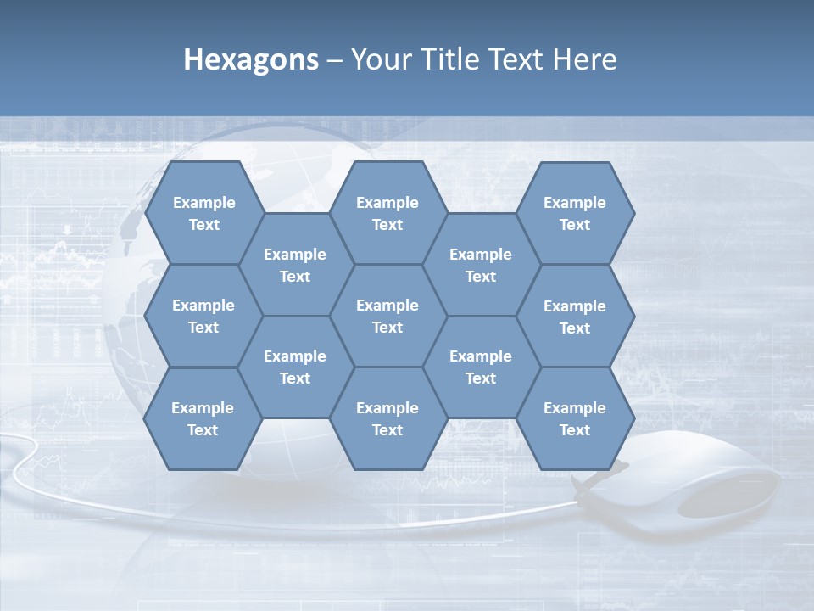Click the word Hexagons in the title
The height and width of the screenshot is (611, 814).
point(251,59)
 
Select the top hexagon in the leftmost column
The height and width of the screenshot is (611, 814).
point(203,213)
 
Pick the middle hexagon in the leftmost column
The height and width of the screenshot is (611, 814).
point(203,316)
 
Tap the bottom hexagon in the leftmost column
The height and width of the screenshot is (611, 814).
point(203,418)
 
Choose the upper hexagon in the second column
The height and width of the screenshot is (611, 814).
point(295,265)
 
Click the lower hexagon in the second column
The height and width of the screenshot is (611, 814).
point(295,367)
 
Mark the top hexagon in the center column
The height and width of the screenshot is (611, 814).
point(387,213)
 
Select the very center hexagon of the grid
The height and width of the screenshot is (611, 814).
point(387,316)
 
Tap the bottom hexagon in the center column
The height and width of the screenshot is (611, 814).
point(387,418)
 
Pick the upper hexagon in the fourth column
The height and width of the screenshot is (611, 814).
point(481,265)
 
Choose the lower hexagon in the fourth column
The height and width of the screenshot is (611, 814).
point(481,367)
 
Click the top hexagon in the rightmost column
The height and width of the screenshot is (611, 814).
point(575,213)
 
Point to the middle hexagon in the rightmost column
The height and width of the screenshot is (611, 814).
point(575,317)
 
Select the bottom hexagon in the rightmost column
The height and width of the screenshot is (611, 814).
point(575,418)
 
